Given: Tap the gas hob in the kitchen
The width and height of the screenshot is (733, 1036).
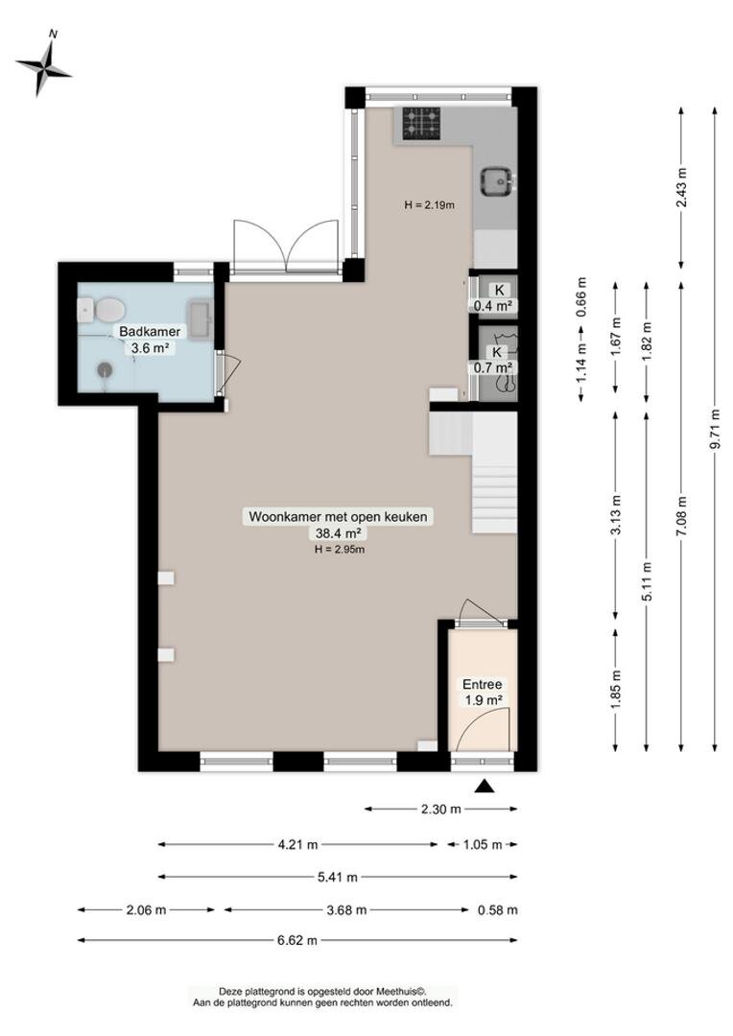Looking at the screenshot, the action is click(x=421, y=124).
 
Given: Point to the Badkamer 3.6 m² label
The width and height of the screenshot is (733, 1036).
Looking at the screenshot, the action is click(x=150, y=340).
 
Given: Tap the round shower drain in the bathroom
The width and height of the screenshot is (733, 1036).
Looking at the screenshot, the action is click(x=105, y=370).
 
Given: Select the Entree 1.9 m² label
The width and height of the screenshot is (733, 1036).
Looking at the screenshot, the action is click(x=482, y=693).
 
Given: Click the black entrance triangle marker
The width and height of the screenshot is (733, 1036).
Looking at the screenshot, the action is click(x=485, y=785).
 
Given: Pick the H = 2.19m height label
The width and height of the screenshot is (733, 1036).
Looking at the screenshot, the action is click(x=430, y=205).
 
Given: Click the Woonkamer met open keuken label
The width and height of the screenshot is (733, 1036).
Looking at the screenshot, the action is click(x=338, y=517).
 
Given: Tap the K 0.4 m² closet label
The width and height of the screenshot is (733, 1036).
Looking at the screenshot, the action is click(x=494, y=298).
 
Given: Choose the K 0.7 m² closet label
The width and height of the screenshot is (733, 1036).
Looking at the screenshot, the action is click(x=494, y=360).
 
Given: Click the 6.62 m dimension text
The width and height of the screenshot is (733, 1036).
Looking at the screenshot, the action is click(x=297, y=939).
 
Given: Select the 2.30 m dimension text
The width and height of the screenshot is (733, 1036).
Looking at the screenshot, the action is click(x=441, y=809).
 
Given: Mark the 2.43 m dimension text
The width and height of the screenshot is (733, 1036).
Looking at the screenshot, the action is click(x=681, y=188).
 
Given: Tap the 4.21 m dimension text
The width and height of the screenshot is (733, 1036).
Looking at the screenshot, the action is click(x=297, y=844).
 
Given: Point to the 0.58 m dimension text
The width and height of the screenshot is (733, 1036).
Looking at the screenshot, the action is click(x=498, y=909).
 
